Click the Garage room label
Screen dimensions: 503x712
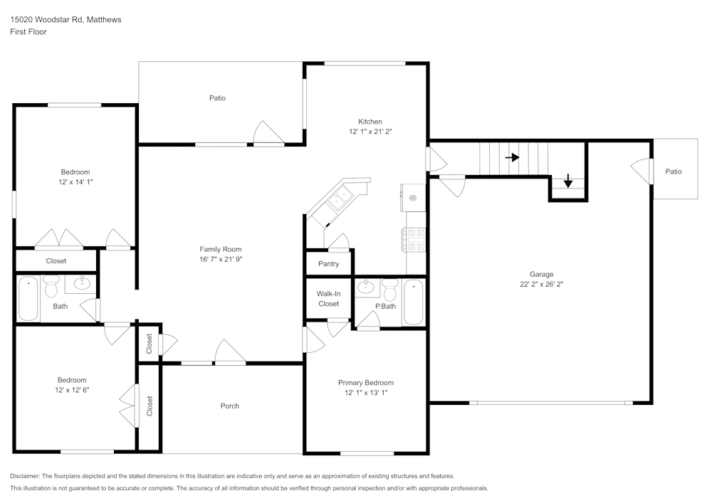point(541,274)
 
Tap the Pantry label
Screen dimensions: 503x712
point(328,264)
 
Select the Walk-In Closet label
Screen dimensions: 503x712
point(328,299)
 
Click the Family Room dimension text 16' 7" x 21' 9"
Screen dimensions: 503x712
point(220,260)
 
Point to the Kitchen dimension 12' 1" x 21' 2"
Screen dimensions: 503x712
point(370,132)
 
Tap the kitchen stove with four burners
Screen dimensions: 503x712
point(414,239)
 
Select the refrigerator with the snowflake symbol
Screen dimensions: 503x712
point(413,197)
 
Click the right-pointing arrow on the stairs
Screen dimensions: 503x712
point(512,157)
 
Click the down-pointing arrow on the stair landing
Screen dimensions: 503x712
point(567,181)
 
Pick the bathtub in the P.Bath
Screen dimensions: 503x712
point(414,302)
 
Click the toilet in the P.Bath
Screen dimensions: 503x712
point(389,290)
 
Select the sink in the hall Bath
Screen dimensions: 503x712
point(83,283)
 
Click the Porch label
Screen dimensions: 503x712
point(229,406)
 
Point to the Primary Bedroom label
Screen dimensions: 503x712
point(365,383)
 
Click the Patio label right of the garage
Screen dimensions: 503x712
point(673,171)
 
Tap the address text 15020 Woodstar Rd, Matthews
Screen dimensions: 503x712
point(66,20)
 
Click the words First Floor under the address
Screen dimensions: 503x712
point(28,32)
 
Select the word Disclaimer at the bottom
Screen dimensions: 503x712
point(25,475)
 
